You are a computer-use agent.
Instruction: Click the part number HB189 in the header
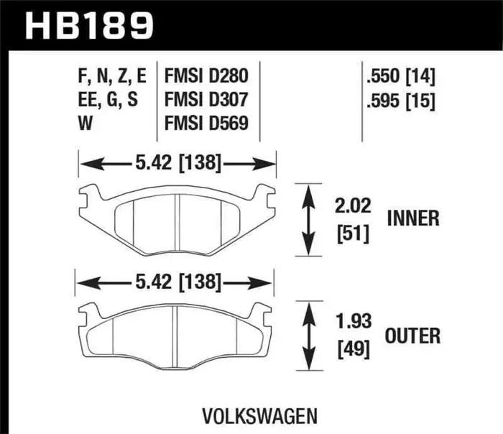91,26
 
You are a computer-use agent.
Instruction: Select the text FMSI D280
207,75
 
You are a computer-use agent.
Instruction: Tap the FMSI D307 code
207,99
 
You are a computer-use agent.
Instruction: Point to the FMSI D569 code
207,124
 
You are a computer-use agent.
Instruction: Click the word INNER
413,218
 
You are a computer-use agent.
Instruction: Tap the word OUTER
413,335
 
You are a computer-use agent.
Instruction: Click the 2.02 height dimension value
351,207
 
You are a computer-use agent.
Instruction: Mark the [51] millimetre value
351,234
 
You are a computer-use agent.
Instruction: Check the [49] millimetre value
351,350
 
